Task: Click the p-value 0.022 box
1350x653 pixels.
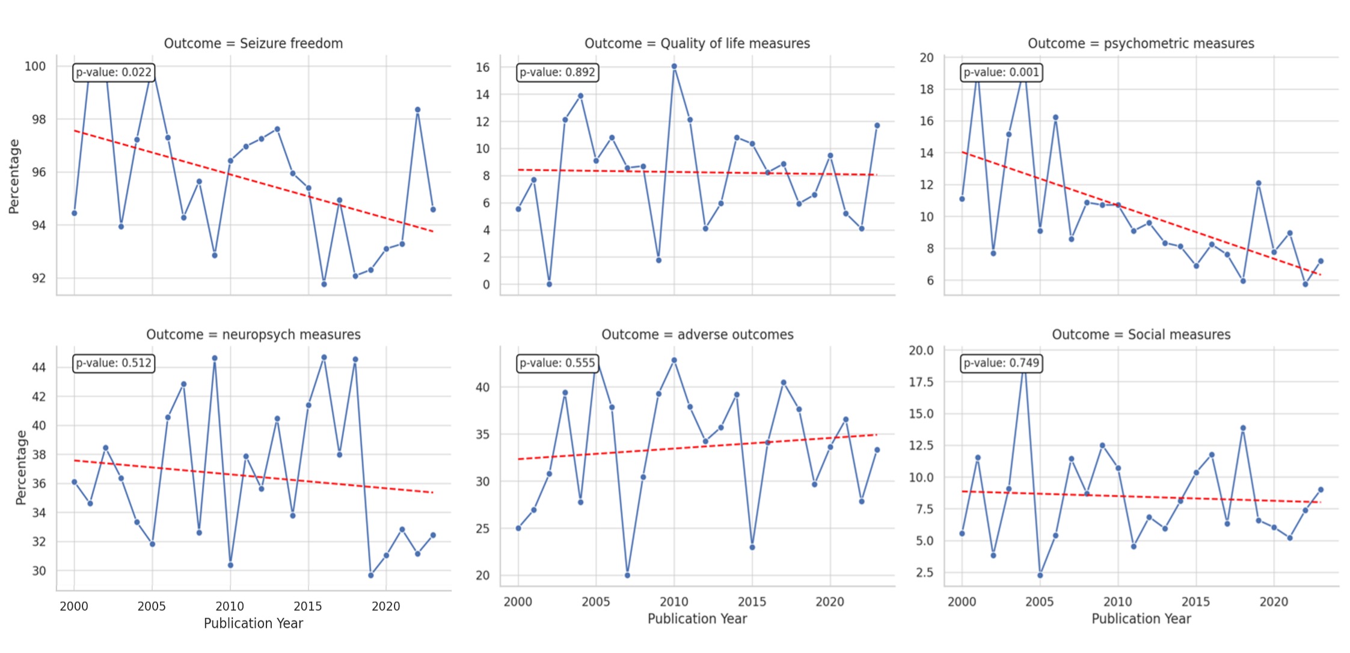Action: [x=114, y=72]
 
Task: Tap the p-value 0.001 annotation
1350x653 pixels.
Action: [x=1001, y=72]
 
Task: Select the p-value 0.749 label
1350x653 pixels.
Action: [x=1001, y=363]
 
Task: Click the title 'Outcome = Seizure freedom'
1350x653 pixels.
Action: [x=253, y=43]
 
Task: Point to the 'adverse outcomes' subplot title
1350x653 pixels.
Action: [x=697, y=334]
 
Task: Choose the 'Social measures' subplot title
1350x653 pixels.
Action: [x=1141, y=334]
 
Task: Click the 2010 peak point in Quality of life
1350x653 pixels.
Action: [x=674, y=66]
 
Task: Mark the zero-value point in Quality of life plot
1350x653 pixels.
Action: [x=549, y=284]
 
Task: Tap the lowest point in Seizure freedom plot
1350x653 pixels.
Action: [x=324, y=284]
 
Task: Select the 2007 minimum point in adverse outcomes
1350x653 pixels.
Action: [x=627, y=575]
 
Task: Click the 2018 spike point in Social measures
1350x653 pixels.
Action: [x=1243, y=428]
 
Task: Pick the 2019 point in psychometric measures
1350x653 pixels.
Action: [x=1259, y=183]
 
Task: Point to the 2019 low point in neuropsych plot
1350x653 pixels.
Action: [x=371, y=575]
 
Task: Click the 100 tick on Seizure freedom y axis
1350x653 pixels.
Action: [x=35, y=66]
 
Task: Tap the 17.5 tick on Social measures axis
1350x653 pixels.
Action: [x=921, y=382]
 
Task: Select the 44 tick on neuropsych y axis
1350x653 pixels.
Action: [x=38, y=367]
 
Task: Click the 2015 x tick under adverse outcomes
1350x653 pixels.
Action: [x=752, y=601]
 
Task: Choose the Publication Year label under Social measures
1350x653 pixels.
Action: [x=1141, y=619]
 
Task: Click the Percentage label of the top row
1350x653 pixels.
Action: [x=14, y=176]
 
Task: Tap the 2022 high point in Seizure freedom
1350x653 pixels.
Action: [x=417, y=110]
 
